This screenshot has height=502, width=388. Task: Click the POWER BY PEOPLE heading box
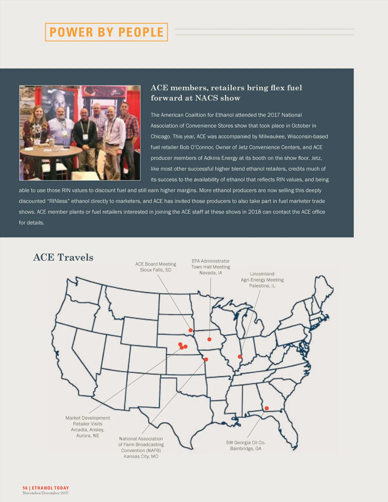106,32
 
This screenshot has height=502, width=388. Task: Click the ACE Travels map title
63,257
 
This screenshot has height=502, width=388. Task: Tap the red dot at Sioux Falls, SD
191,330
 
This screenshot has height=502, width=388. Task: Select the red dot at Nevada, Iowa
210,339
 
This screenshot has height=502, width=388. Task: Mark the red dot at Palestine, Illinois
240,357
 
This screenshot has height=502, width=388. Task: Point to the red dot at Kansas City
206,359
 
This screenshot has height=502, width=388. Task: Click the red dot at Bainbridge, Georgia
267,408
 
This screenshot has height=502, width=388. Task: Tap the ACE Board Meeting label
156,267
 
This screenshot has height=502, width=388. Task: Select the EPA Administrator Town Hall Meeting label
211,267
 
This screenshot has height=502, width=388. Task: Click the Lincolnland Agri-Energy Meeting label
262,280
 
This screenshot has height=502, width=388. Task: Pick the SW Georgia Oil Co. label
246,445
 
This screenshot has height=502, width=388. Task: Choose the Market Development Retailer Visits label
88,427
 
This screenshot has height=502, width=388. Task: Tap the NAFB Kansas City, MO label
141,447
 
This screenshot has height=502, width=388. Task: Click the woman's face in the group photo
38,112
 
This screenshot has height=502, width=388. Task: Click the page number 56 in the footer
25,488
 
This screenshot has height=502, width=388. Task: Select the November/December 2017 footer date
46,493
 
